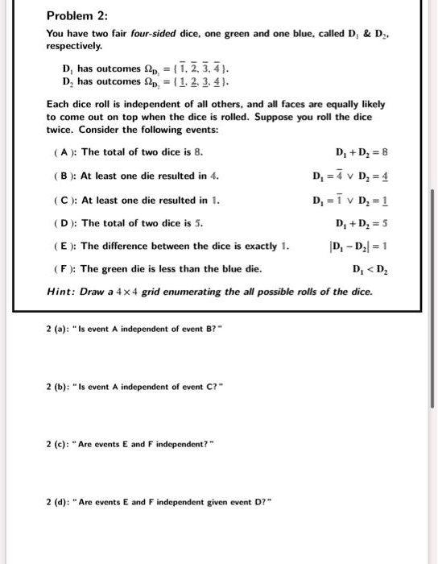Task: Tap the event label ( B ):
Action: click(63, 175)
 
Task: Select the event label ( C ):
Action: click(63, 199)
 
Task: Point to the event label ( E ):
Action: click(63, 246)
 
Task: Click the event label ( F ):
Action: click(63, 269)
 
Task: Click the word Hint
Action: click(60, 290)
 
